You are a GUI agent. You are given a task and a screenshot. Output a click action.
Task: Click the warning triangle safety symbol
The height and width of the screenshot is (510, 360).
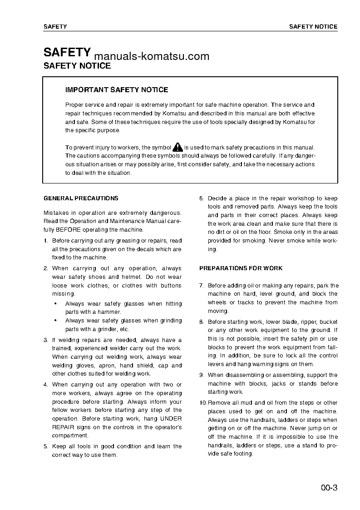coord(178,147)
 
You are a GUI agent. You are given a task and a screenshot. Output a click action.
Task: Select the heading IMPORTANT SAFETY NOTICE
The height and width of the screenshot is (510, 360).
coord(117,90)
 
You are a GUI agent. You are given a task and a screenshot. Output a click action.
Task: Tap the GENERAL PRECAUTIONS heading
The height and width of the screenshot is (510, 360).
coord(80,198)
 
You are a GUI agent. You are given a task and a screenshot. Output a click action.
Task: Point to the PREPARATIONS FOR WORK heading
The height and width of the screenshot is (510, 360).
coord(241,268)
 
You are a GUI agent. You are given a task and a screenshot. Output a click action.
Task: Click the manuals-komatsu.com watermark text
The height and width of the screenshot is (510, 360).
coord(152,56)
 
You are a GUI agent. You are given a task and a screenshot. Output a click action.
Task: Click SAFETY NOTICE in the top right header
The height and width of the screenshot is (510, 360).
coord(313,27)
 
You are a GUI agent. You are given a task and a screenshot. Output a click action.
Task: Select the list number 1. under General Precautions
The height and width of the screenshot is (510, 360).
coord(46,241)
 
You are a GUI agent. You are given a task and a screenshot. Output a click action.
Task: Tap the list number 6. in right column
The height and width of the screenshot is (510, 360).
coord(202,198)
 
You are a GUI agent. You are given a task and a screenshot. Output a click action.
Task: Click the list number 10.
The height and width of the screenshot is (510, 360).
coord(203,403)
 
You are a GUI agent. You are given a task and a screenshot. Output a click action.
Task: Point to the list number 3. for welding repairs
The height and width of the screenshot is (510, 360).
coord(46,340)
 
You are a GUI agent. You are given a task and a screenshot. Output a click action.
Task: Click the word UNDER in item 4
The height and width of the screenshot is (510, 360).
coord(171,419)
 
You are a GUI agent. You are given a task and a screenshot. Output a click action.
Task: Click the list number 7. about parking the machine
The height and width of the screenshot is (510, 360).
coord(202,286)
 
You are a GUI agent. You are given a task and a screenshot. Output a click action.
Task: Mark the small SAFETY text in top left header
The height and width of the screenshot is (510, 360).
coord(55,27)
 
